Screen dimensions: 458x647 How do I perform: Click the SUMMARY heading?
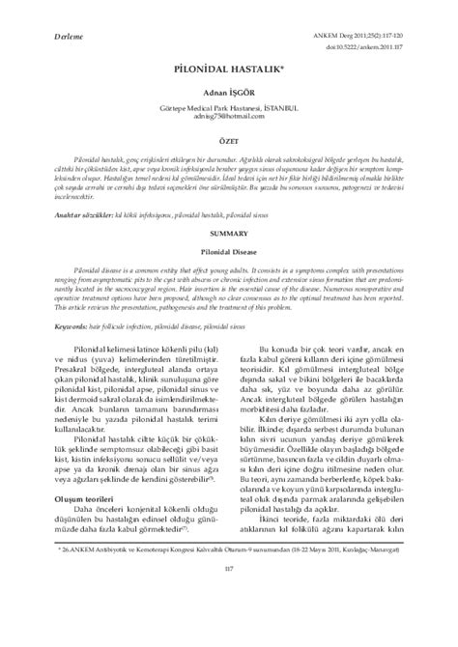[x=228, y=234]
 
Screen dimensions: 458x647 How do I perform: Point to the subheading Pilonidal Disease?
[x=228, y=248]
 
